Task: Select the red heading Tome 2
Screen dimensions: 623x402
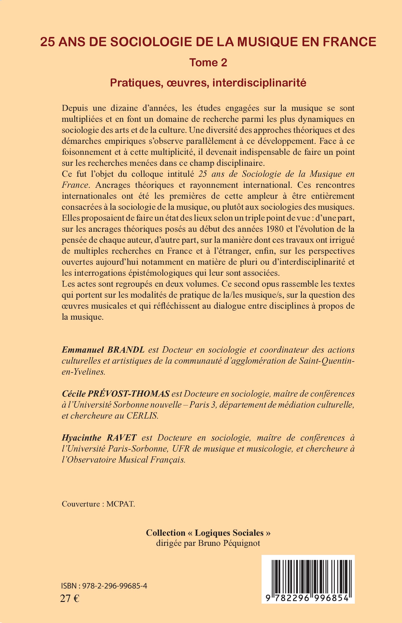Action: click(x=208, y=63)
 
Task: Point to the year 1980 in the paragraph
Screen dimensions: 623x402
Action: click(x=273, y=229)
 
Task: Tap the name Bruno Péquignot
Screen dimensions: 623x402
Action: click(x=229, y=543)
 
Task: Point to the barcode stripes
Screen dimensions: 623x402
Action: click(x=308, y=581)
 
